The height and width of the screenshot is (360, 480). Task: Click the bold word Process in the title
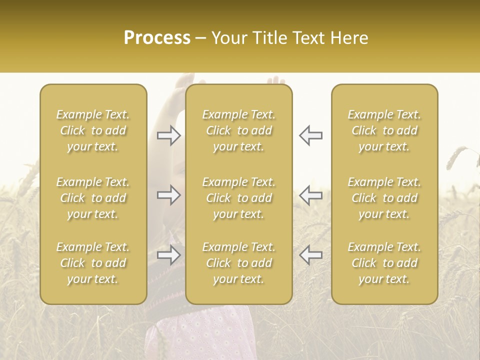(157, 38)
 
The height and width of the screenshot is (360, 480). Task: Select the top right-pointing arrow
(169, 135)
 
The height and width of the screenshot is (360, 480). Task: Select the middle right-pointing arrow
(169, 195)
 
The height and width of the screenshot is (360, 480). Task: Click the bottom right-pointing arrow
(169, 254)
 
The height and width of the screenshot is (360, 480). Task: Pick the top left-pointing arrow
(310, 135)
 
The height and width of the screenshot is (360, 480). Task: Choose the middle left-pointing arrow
(310, 195)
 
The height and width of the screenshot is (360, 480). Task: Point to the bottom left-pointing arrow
(310, 254)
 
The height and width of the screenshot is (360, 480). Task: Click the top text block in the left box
(93, 130)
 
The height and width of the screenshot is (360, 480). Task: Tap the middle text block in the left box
(93, 198)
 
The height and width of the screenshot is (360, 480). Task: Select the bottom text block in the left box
(93, 263)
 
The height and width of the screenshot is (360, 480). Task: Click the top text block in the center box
(238, 130)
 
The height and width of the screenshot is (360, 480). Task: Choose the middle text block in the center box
(238, 198)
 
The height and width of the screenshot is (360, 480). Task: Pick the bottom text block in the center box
(238, 263)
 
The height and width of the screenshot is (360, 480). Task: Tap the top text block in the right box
(384, 130)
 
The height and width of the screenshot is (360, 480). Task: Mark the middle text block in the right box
(384, 198)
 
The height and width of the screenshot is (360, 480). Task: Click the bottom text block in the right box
(384, 263)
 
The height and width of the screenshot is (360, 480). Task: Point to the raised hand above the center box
(275, 80)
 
